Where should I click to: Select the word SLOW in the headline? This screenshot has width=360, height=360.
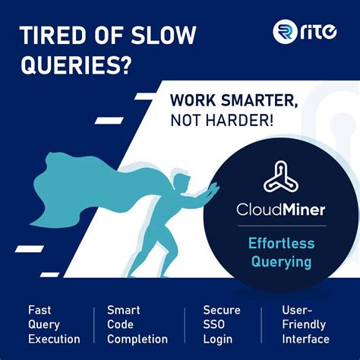(163, 36)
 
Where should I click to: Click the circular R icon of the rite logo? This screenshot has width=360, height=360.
(285, 31)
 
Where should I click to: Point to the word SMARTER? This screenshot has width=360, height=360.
(259, 101)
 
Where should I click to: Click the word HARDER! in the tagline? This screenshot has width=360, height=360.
(239, 121)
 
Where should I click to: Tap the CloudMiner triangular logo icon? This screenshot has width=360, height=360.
(281, 176)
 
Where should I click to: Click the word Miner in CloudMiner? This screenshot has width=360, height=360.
(304, 210)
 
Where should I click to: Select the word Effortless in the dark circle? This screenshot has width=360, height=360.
(281, 243)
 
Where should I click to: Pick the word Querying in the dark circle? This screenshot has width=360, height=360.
(281, 262)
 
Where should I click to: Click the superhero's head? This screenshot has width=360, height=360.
(182, 182)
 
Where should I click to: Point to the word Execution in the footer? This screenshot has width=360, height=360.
(54, 339)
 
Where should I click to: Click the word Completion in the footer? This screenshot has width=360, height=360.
(137, 339)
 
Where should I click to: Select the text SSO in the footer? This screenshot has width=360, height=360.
(213, 324)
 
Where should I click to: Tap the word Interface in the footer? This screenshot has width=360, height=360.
(306, 339)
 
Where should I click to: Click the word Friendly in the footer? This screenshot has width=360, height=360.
(304, 325)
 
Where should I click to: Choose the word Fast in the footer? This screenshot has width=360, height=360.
(39, 310)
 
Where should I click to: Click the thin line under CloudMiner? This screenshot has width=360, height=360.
(282, 226)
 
